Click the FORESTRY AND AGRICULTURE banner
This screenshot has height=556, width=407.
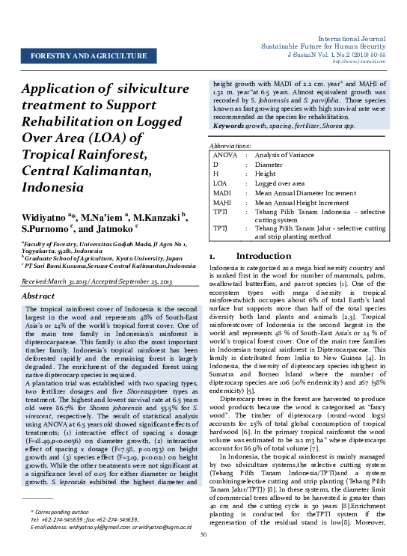click(88, 56)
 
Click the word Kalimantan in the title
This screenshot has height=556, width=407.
click(120, 171)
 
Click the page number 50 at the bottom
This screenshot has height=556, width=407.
click(203, 534)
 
